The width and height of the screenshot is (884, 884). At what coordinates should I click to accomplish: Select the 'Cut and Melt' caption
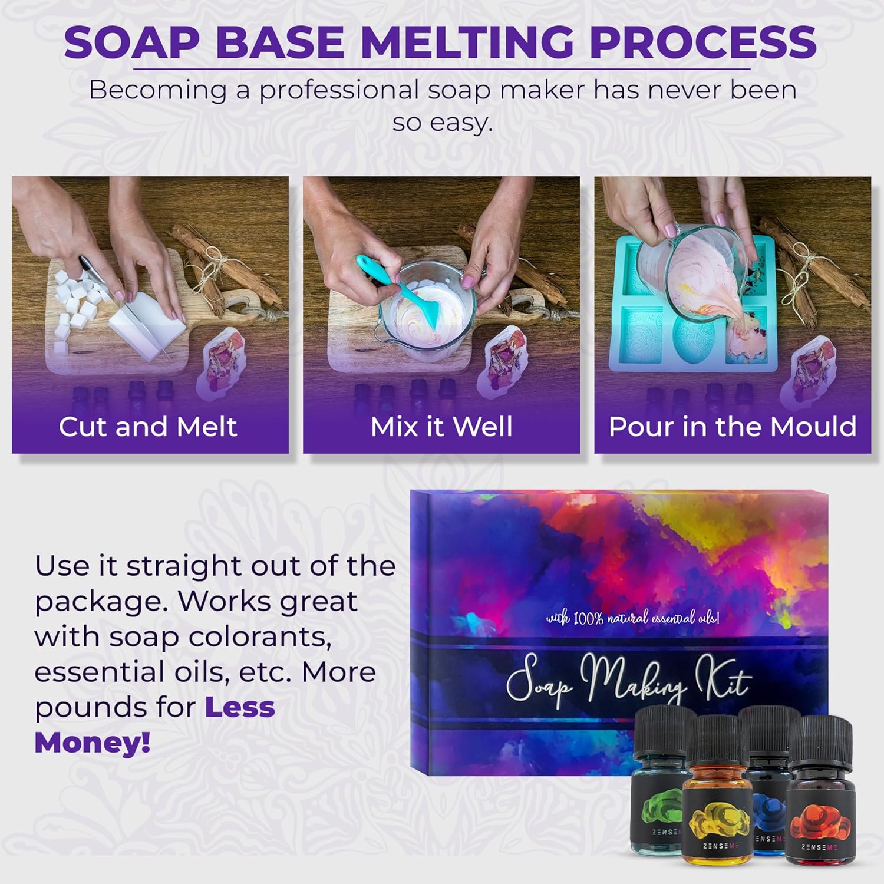pos(148,427)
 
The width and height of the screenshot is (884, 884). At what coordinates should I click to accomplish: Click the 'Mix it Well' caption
pos(441,427)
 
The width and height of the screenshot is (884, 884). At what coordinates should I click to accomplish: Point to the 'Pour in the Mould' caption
pos(733,427)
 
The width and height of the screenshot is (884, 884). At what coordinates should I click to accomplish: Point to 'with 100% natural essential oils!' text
pos(632,618)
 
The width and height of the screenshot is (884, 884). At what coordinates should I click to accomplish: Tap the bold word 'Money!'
pos(93,743)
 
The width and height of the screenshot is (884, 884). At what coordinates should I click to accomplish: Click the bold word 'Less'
pos(240,707)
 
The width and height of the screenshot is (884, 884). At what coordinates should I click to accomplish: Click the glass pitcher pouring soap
pos(690,265)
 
